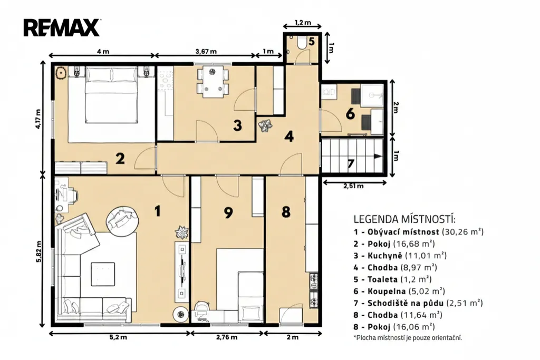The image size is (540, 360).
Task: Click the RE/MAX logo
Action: click(62, 28)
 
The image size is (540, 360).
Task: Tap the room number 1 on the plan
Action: click(157, 211)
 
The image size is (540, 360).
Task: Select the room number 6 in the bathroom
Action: click(350, 113)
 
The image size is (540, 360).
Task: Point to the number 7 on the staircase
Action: click(351, 163)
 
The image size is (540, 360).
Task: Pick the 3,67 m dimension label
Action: click(206, 52)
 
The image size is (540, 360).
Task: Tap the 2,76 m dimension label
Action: click(227, 337)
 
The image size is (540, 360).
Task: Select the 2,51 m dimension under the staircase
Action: click(353, 186)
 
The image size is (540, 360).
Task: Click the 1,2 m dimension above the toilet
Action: click(303, 23)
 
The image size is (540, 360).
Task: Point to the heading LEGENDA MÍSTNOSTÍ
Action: click(404, 219)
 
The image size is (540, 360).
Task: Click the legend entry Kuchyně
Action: click(384, 256)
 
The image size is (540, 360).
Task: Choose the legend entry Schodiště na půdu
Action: click(405, 303)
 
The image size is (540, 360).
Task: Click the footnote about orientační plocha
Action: click(408, 338)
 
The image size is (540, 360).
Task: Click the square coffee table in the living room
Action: click(103, 274)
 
